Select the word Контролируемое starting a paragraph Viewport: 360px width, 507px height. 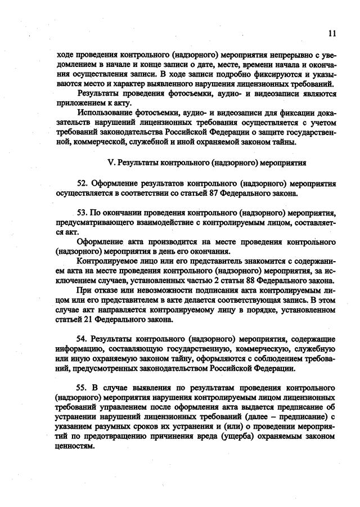(x=107, y=261)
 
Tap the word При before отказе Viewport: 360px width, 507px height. (x=85, y=290)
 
